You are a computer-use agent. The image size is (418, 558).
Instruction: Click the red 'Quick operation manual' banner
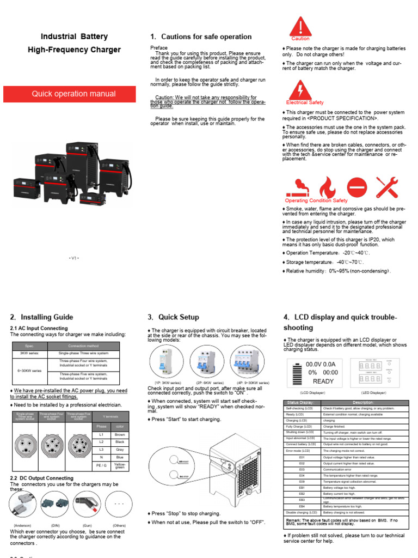73,94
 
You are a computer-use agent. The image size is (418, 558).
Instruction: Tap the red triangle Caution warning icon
300,27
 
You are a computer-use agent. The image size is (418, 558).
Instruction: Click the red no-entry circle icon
358,187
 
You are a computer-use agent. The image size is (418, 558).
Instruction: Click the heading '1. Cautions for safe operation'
200,37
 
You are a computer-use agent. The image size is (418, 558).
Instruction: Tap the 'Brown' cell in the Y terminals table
120,434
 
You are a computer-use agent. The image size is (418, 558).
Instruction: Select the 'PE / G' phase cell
102,465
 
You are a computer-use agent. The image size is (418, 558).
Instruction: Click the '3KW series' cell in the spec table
29,353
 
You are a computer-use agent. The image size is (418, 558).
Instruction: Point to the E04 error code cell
302,475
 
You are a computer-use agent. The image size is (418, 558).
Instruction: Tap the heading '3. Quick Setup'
173,317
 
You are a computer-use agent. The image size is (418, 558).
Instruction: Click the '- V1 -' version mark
74,257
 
